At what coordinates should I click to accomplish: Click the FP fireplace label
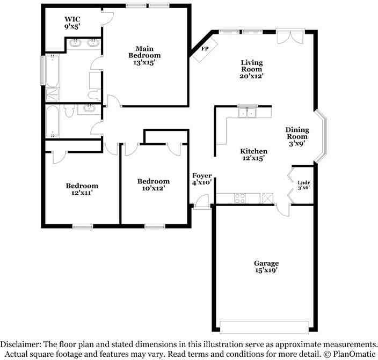205,49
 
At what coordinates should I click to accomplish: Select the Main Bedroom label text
144,55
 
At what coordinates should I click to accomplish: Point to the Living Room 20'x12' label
251,69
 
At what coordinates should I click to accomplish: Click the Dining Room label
296,136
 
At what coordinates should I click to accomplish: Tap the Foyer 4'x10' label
202,179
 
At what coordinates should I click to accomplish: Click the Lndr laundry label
304,184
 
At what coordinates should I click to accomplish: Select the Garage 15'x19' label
266,267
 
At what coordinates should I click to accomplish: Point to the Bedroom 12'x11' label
82,189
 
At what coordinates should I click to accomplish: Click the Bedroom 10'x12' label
153,185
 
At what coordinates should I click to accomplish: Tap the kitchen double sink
248,113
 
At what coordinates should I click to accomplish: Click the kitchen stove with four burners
239,198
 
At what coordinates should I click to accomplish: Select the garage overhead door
264,327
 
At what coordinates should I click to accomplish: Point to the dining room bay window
321,136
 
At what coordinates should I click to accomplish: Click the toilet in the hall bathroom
69,111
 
